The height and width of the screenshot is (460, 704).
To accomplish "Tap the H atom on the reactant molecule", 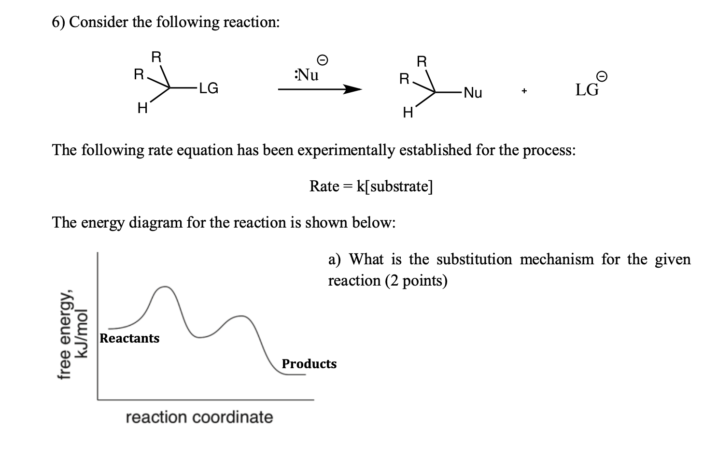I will click(141, 109).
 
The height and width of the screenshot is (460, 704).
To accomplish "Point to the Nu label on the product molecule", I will click(472, 93).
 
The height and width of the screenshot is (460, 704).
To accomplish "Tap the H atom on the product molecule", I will click(407, 114).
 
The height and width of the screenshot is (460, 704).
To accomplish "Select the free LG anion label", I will click(587, 90).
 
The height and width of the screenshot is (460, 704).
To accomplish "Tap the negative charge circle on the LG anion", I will click(601, 76).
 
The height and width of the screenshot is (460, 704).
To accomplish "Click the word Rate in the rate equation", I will click(324, 186).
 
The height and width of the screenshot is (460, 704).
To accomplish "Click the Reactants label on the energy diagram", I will click(129, 338).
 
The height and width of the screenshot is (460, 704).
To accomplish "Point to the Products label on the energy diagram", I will click(309, 364).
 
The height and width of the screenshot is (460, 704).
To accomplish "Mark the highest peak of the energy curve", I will click(165, 287).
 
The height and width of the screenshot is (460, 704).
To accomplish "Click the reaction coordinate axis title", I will click(199, 417).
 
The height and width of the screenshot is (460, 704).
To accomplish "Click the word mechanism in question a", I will click(557, 259).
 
